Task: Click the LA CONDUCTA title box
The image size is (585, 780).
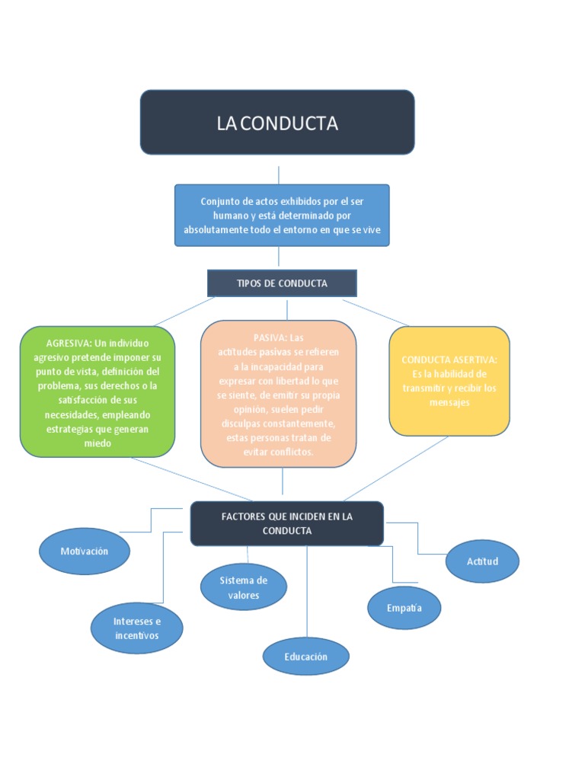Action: point(277,123)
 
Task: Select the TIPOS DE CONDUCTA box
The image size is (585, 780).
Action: point(282,283)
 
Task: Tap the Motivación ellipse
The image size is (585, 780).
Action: point(84,551)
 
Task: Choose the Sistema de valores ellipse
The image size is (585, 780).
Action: point(244,587)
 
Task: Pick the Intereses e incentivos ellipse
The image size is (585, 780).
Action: point(137,628)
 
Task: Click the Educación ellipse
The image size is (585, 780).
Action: point(305,657)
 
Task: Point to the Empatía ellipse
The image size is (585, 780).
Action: point(404,608)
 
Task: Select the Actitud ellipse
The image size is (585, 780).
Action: point(482,561)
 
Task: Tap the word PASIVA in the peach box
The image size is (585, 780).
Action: point(270,337)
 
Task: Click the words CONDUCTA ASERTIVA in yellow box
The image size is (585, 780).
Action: point(449,360)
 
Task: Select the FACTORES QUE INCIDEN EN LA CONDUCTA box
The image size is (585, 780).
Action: point(286,523)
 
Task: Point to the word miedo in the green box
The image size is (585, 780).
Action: point(97,443)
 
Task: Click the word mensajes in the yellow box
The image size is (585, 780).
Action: point(449,402)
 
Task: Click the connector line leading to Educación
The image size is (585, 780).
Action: point(307,594)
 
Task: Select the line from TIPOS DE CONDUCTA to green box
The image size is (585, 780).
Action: point(175,312)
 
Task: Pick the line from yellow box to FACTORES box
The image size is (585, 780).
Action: point(396,468)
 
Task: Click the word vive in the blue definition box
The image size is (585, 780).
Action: point(370,229)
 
